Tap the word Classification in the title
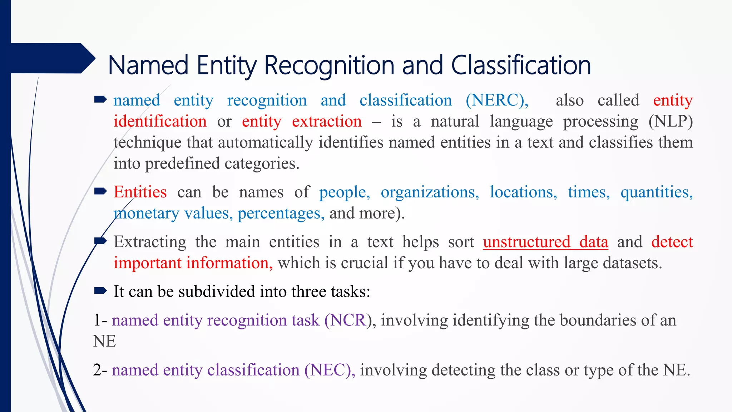521,65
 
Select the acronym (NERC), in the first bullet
497,100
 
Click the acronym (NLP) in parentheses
671,122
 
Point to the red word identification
160,122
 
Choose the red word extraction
327,122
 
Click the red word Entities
140,192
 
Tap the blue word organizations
430,192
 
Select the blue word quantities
656,192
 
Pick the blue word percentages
281,214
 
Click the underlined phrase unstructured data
545,242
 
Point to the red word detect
672,242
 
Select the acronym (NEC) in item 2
329,370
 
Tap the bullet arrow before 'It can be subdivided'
100,291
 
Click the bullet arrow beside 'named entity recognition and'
100,99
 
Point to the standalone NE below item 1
104,342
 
